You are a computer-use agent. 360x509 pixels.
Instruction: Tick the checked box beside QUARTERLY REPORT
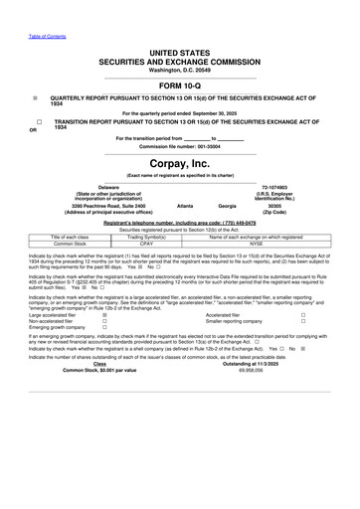coord(36,98)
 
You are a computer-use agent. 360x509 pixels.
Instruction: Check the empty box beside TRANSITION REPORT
coord(36,119)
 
